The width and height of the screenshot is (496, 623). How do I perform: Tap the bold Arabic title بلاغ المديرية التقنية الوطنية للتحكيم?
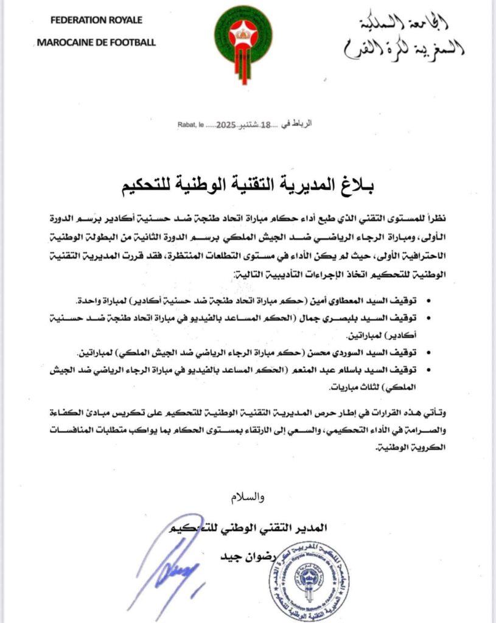tap(247, 183)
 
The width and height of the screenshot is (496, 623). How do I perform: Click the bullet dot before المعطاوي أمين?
tap(431, 302)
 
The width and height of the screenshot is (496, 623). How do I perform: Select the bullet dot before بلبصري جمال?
tap(431, 318)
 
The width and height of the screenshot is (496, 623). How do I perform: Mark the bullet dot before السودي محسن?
tap(431, 352)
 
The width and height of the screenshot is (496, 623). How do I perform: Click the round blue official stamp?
tap(309, 578)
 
